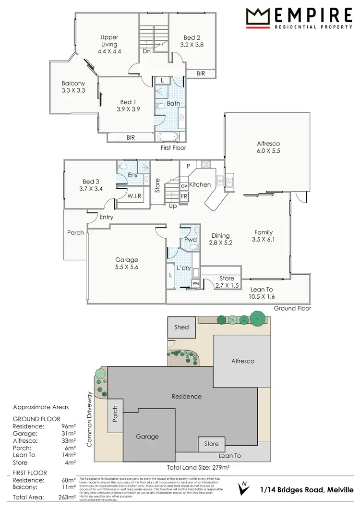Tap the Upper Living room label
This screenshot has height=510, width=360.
tap(109, 41)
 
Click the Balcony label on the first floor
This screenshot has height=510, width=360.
tap(73, 83)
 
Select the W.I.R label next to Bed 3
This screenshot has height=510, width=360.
tap(134, 196)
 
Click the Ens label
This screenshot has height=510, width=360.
tap(132, 175)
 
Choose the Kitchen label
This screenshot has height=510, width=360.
tap(200, 184)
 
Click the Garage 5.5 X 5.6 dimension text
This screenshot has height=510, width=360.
tap(126, 267)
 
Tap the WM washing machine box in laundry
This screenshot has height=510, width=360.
tap(195, 284)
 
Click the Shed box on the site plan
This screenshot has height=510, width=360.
tap(181, 327)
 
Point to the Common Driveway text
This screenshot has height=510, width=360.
tap(89, 419)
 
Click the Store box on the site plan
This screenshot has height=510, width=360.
tap(211, 444)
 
